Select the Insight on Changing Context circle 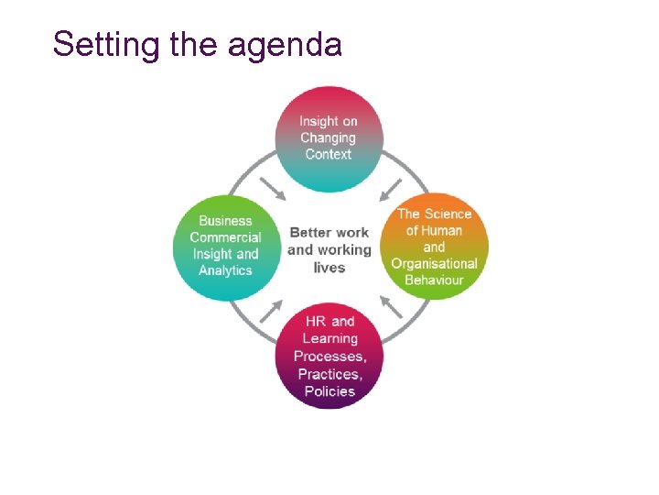click(x=329, y=137)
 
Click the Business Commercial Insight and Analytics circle click(x=225, y=246)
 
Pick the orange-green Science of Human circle click(x=434, y=246)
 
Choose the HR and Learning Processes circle click(x=329, y=356)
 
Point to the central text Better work click(x=329, y=232)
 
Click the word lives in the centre click(x=329, y=268)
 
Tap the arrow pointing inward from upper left click(x=273, y=189)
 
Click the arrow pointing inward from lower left click(x=271, y=309)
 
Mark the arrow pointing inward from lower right click(x=390, y=306)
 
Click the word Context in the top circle click(x=329, y=154)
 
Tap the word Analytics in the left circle click(x=225, y=270)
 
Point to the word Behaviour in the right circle click(x=434, y=280)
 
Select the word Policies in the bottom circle click(x=329, y=390)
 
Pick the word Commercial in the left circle click(x=225, y=237)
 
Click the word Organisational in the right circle click(x=434, y=263)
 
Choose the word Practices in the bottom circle click(x=329, y=374)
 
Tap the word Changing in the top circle click(x=329, y=137)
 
